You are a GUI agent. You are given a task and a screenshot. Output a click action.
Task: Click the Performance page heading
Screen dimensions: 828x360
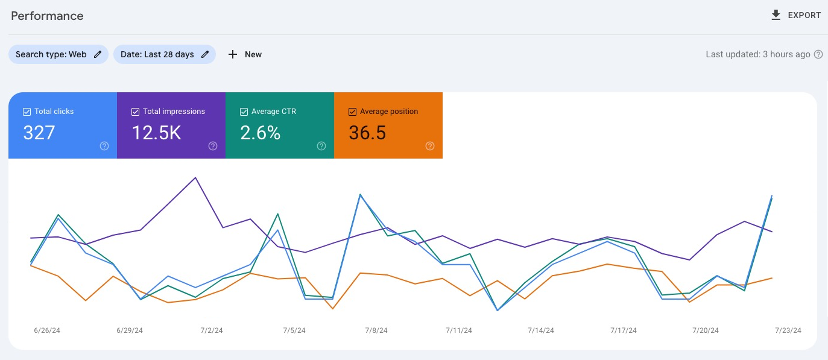pyautogui.click(x=47, y=16)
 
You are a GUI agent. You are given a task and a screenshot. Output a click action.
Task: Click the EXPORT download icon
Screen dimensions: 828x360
pyautogui.click(x=776, y=15)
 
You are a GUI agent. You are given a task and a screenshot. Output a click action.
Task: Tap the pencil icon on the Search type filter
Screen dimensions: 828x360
pyautogui.click(x=98, y=54)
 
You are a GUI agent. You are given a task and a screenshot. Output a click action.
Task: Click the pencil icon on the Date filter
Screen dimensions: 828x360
pyautogui.click(x=205, y=54)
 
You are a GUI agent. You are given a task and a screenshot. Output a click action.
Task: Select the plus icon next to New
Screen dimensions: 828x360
pyautogui.click(x=233, y=54)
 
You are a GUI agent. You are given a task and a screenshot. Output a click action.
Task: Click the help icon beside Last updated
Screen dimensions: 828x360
pyautogui.click(x=818, y=54)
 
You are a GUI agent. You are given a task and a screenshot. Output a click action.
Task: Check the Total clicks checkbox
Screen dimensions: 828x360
pyautogui.click(x=27, y=112)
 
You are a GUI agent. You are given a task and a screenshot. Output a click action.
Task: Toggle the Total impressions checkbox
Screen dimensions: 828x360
pyautogui.click(x=135, y=112)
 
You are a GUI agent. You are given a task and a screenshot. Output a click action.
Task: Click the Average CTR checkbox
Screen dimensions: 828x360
pyautogui.click(x=244, y=112)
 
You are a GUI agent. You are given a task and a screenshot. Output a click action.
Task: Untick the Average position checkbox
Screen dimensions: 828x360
pyautogui.click(x=352, y=112)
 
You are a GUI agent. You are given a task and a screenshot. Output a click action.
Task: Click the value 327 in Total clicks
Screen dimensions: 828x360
pyautogui.click(x=39, y=133)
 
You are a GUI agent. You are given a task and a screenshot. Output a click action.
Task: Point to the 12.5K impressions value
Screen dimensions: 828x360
pyautogui.click(x=156, y=133)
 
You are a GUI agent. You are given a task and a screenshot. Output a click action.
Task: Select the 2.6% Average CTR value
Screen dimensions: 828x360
pyautogui.click(x=261, y=133)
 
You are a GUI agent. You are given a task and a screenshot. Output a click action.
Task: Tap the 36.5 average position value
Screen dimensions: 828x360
pyautogui.click(x=367, y=133)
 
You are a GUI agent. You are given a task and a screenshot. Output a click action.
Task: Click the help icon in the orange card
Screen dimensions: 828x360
pyautogui.click(x=430, y=146)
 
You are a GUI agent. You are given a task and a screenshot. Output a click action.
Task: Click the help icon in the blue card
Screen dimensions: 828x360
pyautogui.click(x=104, y=146)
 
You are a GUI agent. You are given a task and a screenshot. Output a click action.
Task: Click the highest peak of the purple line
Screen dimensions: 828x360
pyautogui.click(x=195, y=178)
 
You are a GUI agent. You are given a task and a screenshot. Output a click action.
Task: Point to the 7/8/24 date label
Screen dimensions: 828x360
pyautogui.click(x=376, y=330)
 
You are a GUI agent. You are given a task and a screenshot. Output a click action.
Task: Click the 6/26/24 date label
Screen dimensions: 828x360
pyautogui.click(x=47, y=330)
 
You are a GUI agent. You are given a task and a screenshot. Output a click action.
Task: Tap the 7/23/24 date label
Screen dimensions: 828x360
pyautogui.click(x=788, y=330)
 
